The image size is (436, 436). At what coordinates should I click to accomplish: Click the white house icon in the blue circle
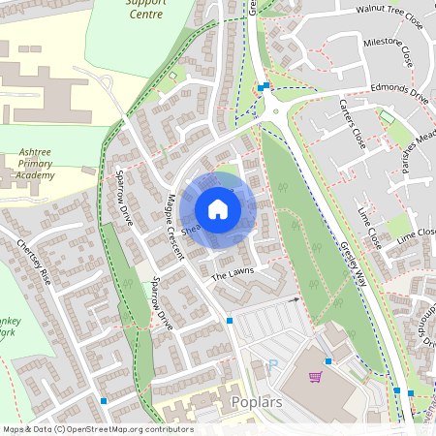pyautogui.click(x=218, y=209)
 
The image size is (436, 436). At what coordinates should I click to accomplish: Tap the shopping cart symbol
pyautogui.click(x=314, y=377)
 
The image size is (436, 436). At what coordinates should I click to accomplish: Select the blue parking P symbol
pyautogui.click(x=272, y=364)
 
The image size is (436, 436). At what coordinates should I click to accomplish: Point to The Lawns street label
pyautogui.click(x=232, y=276)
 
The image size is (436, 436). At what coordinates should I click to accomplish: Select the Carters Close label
pyautogui.click(x=356, y=145)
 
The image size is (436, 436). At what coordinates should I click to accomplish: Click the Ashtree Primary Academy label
pyautogui.click(x=48, y=165)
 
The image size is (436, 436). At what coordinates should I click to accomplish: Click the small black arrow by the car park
pyautogui.click(x=298, y=300)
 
